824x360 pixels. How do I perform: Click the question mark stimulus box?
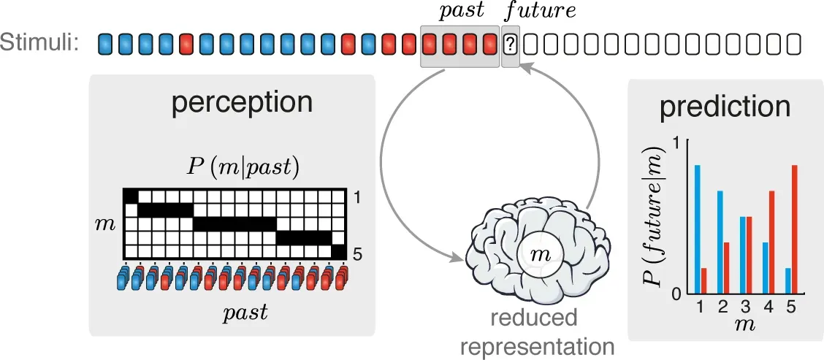click(511, 45)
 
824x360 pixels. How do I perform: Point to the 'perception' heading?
click(232, 103)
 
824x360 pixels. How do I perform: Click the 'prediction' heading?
click(725, 107)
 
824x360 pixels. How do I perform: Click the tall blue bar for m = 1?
click(698, 229)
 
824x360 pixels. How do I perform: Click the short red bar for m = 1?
click(704, 280)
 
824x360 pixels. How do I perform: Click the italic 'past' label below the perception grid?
click(245, 313)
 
